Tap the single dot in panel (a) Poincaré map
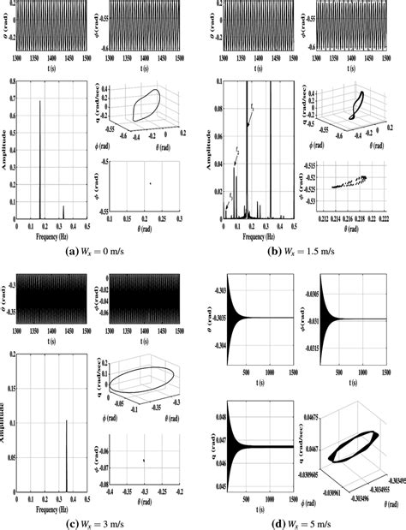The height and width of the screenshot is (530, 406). pos(151,182)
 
